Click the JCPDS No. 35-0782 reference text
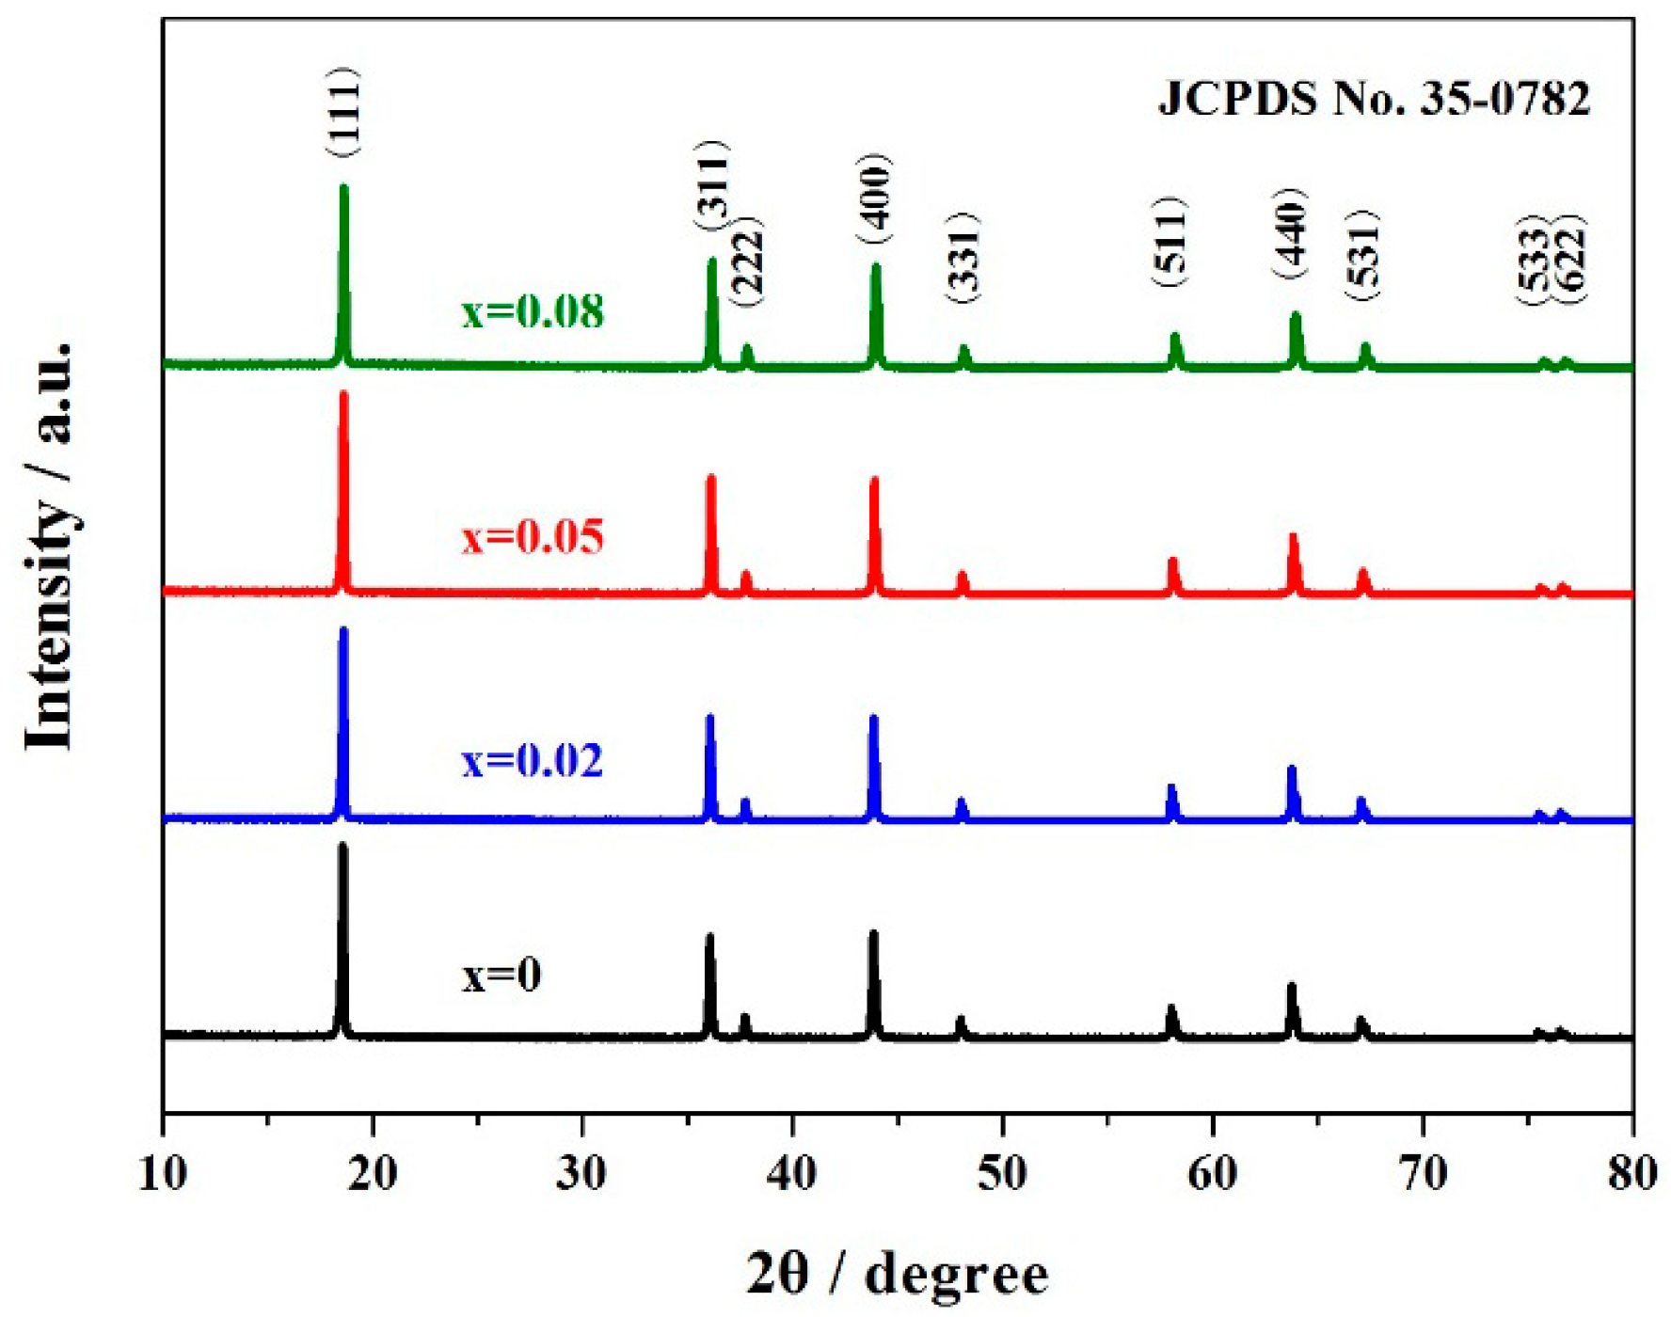click(x=1373, y=98)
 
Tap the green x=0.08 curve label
click(x=532, y=311)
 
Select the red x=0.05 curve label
click(x=532, y=537)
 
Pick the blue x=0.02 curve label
click(x=532, y=760)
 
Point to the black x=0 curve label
click(x=501, y=976)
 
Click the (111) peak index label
click(x=343, y=113)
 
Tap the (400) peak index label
click(x=875, y=199)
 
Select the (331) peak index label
click(x=964, y=258)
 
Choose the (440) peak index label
click(x=1292, y=233)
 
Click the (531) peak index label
click(x=1364, y=256)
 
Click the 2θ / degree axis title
click(x=897, y=1275)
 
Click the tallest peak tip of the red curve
click(x=343, y=395)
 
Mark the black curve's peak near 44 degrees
click(x=873, y=935)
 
